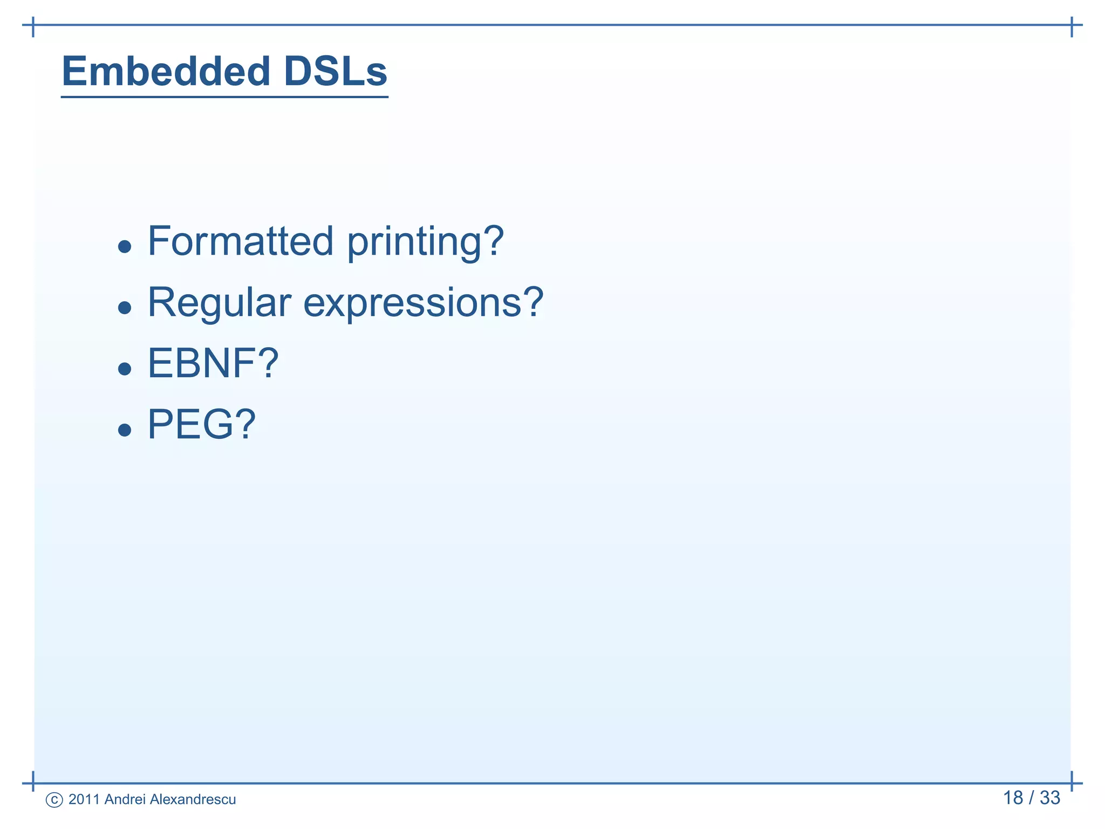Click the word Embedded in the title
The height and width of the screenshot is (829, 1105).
pyautogui.click(x=166, y=71)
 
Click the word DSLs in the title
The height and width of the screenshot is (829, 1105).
pyautogui.click(x=335, y=71)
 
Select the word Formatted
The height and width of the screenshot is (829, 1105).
pyautogui.click(x=241, y=241)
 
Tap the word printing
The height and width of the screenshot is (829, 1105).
pyautogui.click(x=414, y=243)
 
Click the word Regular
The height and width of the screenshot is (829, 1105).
pyautogui.click(x=219, y=303)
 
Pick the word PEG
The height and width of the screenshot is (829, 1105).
pyautogui.click(x=190, y=425)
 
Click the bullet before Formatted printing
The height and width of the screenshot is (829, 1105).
pyautogui.click(x=125, y=247)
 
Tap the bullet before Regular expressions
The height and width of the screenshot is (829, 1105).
pyautogui.click(x=125, y=308)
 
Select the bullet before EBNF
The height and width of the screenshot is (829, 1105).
pyautogui.click(x=125, y=369)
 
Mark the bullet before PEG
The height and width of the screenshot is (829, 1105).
pyautogui.click(x=125, y=430)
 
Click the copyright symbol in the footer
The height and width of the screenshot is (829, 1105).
pyautogui.click(x=54, y=800)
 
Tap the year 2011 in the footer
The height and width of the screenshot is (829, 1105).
pyautogui.click(x=84, y=799)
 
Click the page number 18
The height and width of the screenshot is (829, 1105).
pyautogui.click(x=1013, y=798)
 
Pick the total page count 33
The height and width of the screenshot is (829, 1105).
pyautogui.click(x=1050, y=798)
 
